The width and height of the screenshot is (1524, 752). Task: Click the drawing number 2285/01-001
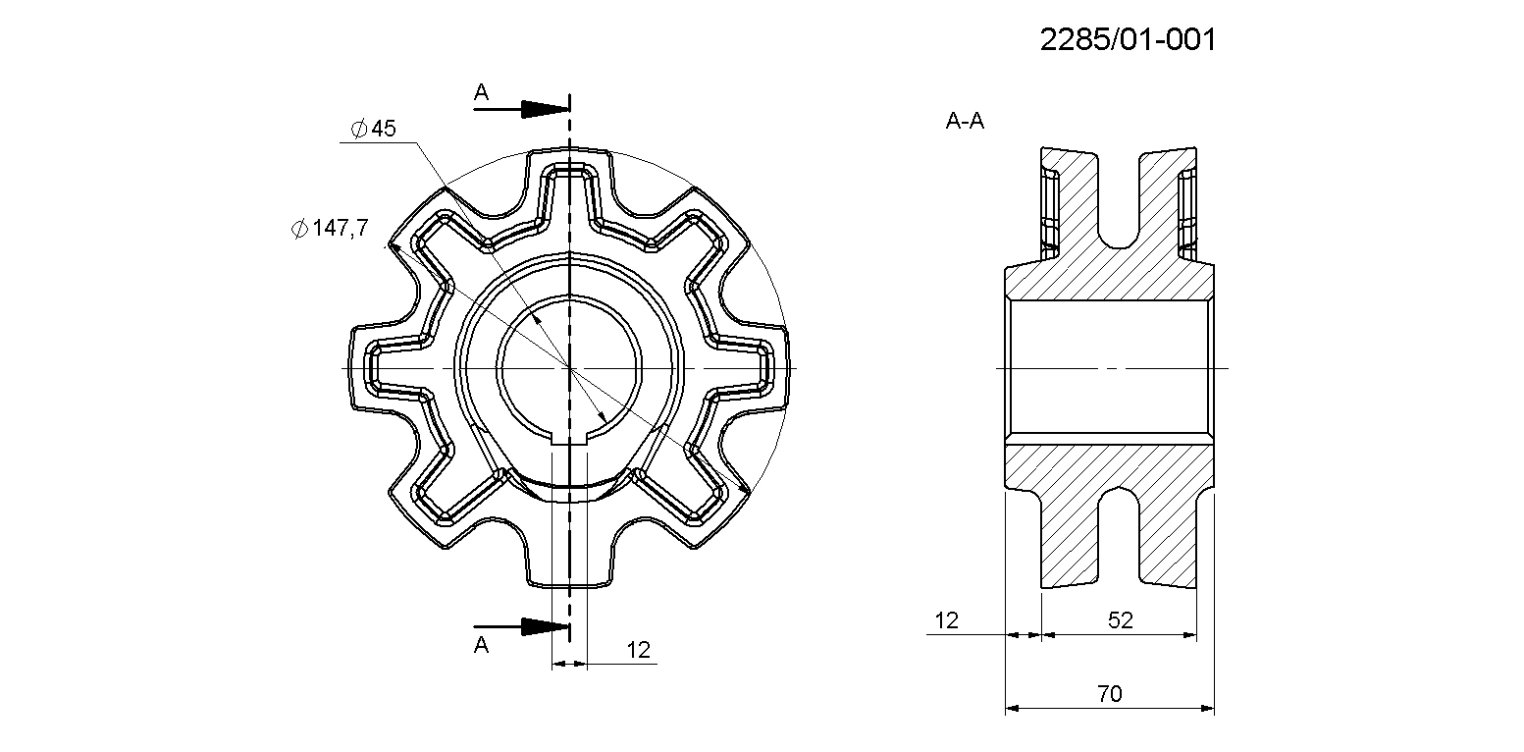click(x=1128, y=39)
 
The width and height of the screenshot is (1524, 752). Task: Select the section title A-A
click(x=965, y=121)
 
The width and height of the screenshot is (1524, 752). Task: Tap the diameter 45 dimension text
click(x=374, y=128)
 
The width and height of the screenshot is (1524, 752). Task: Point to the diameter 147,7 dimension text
click(x=330, y=228)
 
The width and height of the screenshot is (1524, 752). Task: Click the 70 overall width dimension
click(x=1110, y=693)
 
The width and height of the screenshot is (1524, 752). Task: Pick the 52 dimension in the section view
click(x=1120, y=620)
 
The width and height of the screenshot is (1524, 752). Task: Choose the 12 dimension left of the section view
click(x=946, y=620)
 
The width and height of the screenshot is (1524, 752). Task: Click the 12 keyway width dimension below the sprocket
click(x=638, y=650)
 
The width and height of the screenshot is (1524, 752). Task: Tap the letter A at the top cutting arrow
click(x=481, y=92)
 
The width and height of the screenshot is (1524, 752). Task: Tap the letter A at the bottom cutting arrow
click(x=481, y=644)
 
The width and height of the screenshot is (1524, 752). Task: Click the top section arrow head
click(x=545, y=109)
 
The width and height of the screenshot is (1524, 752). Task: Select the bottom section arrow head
click(x=545, y=626)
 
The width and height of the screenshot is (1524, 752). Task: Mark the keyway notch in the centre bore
click(x=569, y=438)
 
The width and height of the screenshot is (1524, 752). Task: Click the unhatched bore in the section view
click(x=1110, y=368)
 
